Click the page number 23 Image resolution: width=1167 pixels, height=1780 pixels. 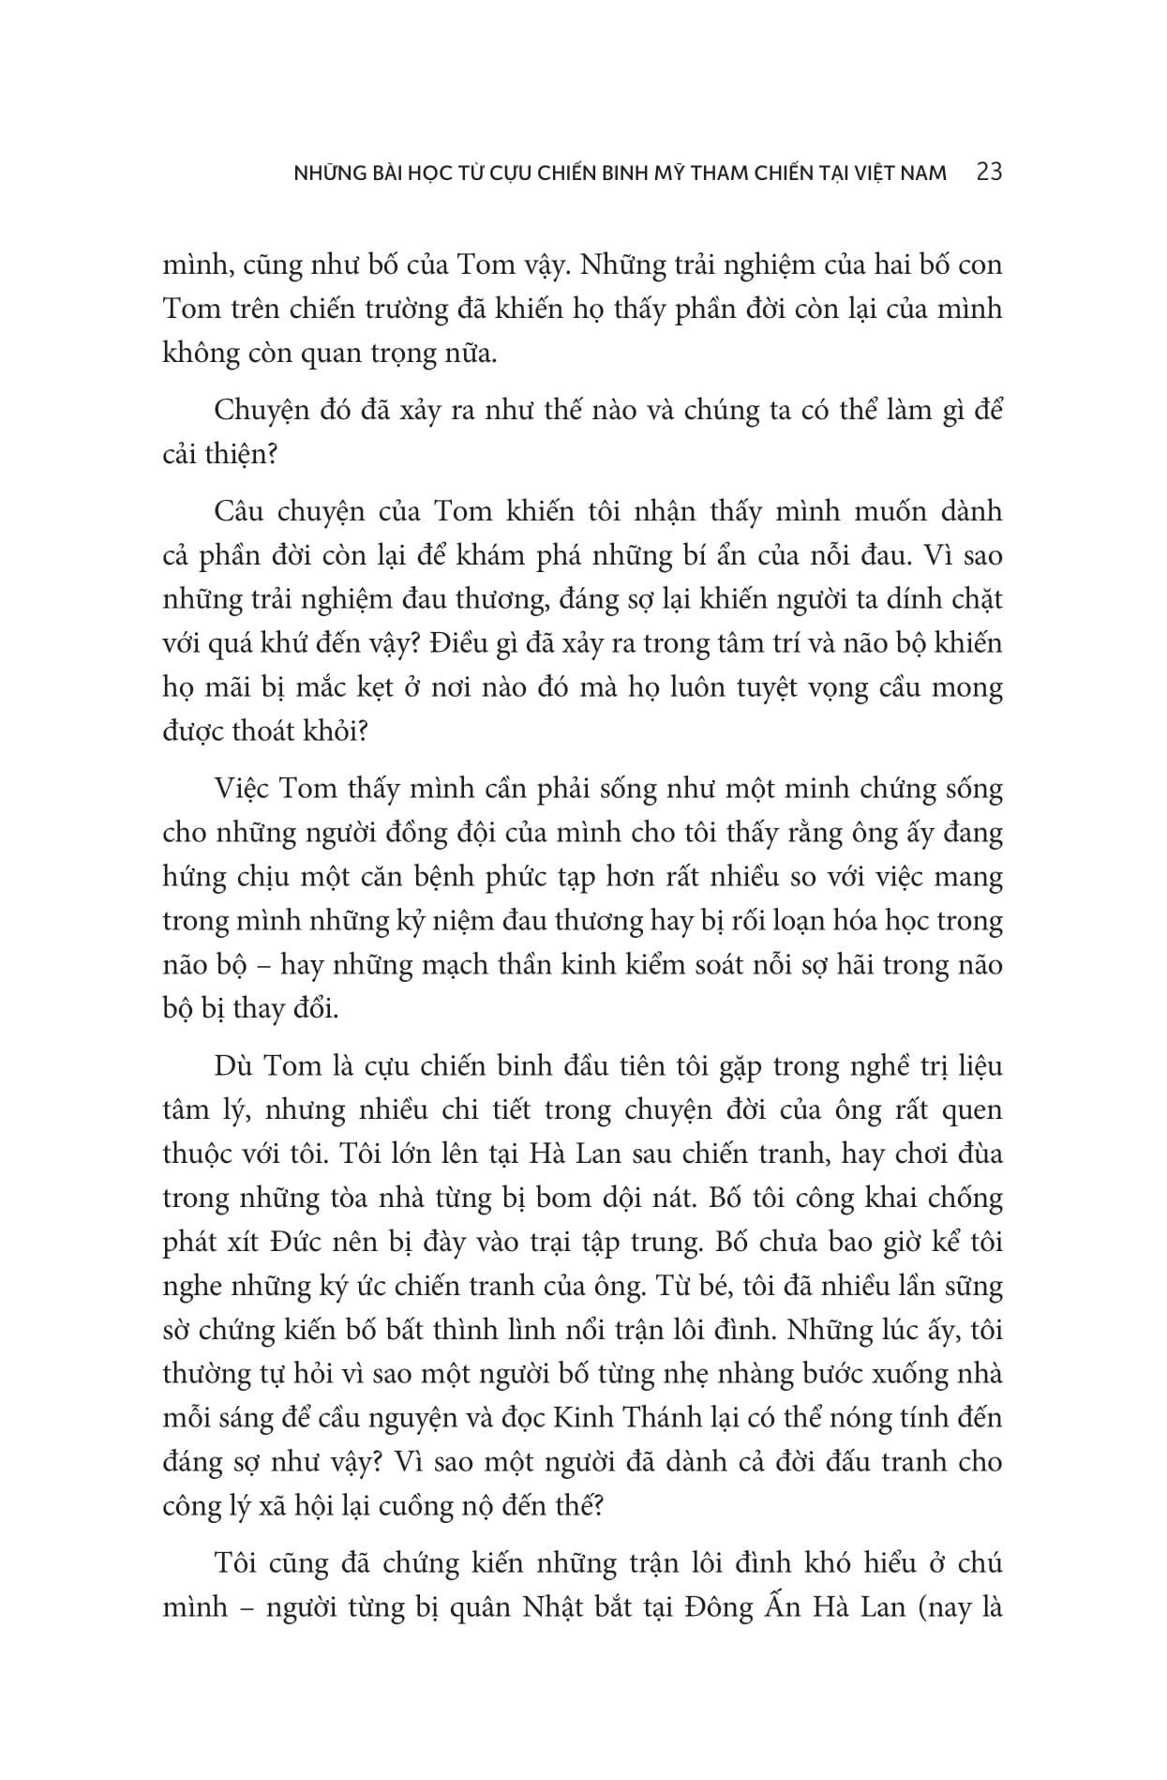tap(989, 173)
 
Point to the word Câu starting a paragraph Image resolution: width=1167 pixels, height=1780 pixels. tap(242, 511)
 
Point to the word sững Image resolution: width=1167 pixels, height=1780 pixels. tap(972, 1286)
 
